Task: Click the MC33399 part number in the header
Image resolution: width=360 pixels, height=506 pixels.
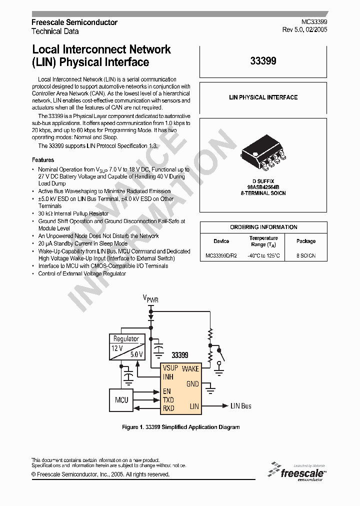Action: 314,22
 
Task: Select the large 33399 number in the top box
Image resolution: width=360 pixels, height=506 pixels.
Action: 263,61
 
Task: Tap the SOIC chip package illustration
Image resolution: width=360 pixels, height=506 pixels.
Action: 263,152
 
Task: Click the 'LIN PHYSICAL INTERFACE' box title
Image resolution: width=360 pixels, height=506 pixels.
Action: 263,97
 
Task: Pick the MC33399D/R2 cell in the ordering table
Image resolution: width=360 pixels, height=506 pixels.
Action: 221,256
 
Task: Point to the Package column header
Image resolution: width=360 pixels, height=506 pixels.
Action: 305,241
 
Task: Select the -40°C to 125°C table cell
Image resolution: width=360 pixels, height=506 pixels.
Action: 263,256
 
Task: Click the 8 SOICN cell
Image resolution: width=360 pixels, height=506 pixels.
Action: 305,256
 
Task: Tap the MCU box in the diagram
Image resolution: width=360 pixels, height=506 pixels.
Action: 121,399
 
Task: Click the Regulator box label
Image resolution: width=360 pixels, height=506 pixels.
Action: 126,338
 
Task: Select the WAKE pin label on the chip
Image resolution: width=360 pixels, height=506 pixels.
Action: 190,368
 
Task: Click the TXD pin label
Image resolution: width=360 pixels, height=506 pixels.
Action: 168,399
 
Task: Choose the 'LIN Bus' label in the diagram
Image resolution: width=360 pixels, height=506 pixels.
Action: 240,406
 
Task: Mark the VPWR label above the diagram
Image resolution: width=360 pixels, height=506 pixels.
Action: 150,299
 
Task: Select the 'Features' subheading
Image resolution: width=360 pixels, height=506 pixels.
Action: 43,160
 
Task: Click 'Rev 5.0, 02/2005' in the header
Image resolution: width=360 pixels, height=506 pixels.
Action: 305,30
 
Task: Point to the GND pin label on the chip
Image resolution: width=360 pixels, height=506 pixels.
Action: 192,384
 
